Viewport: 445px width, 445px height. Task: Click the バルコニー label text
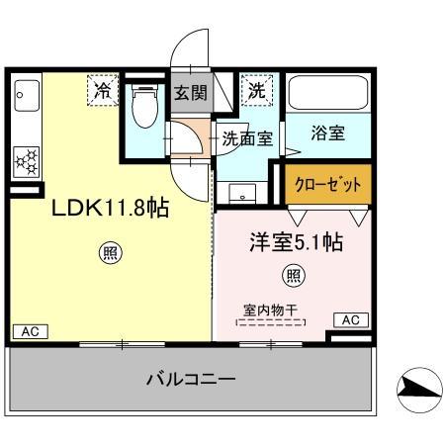coord(191,379)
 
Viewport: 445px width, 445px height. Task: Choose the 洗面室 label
coord(246,140)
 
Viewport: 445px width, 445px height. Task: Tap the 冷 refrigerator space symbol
coord(102,90)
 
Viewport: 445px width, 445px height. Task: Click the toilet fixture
coord(145,109)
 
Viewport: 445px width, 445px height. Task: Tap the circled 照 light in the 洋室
coord(294,274)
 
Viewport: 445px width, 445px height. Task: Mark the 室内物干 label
coord(270,309)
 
